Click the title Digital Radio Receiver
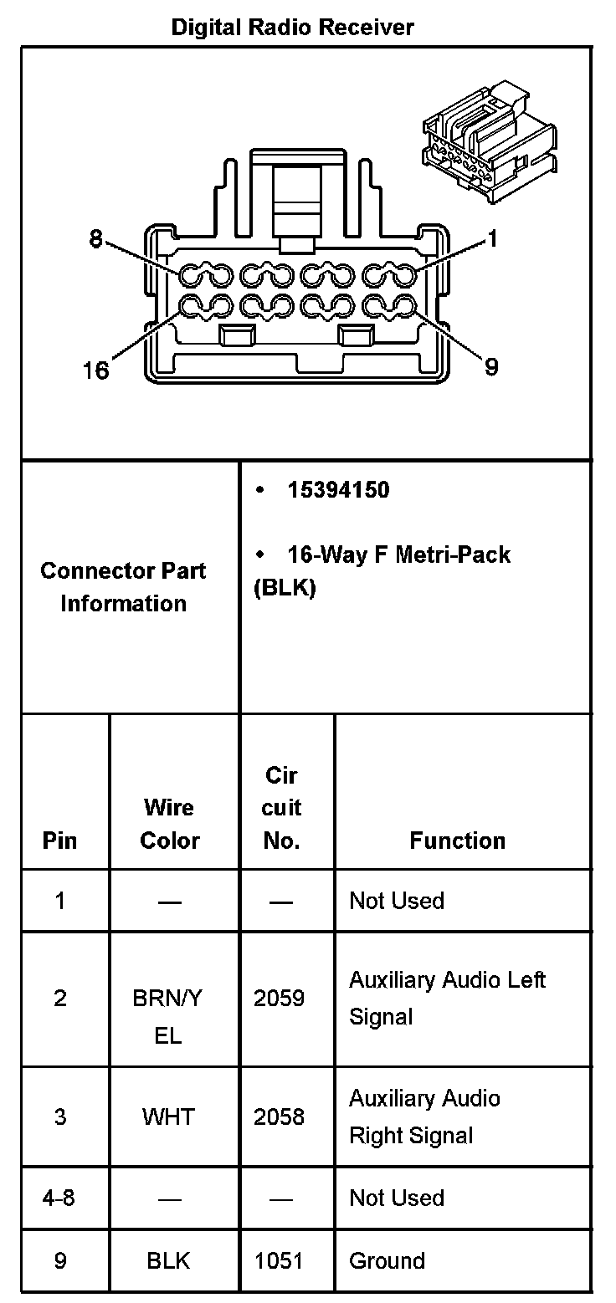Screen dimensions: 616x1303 [292, 27]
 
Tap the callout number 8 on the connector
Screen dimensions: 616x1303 [96, 239]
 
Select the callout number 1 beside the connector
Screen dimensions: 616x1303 [492, 239]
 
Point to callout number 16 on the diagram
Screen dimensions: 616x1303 [95, 370]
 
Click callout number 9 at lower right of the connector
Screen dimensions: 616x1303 [491, 366]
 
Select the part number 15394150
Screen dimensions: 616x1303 [338, 490]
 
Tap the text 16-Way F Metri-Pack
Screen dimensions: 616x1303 [398, 554]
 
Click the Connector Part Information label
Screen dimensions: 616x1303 [123, 587]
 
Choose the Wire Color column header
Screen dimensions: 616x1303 [170, 824]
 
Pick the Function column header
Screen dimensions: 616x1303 [457, 841]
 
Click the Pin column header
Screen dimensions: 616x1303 [59, 841]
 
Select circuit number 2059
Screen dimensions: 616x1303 [280, 999]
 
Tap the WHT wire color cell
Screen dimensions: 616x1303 [168, 1117]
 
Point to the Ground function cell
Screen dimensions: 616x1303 [387, 1260]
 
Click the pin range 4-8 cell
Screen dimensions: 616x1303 [59, 1198]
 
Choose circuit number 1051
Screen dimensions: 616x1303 [279, 1260]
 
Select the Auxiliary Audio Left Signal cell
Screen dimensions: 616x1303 [447, 998]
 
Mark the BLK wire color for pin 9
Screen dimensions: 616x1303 [168, 1260]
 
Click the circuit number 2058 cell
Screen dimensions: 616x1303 [280, 1117]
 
